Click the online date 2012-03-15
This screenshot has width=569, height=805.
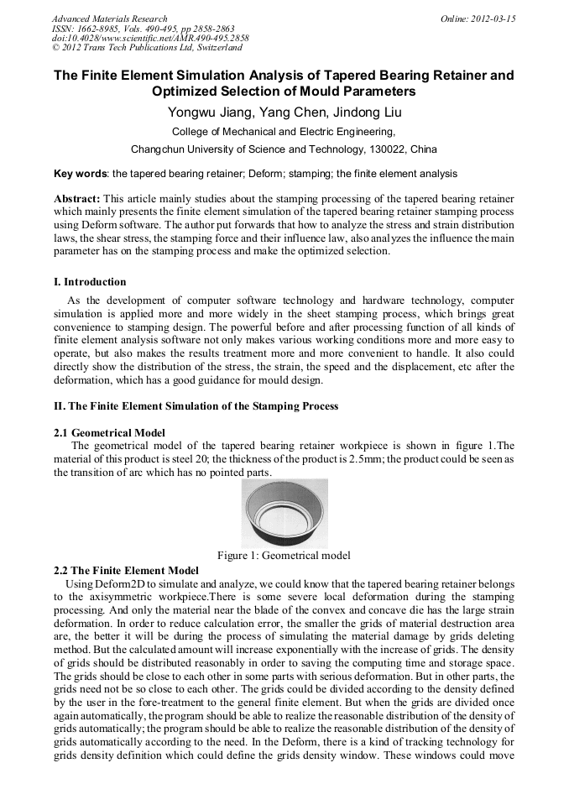493,18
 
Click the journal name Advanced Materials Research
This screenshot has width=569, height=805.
109,18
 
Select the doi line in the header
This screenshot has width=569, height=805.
150,39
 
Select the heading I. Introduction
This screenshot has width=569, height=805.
90,282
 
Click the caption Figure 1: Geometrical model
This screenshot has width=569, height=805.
284,555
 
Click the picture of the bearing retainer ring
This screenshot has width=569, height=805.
284,513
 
